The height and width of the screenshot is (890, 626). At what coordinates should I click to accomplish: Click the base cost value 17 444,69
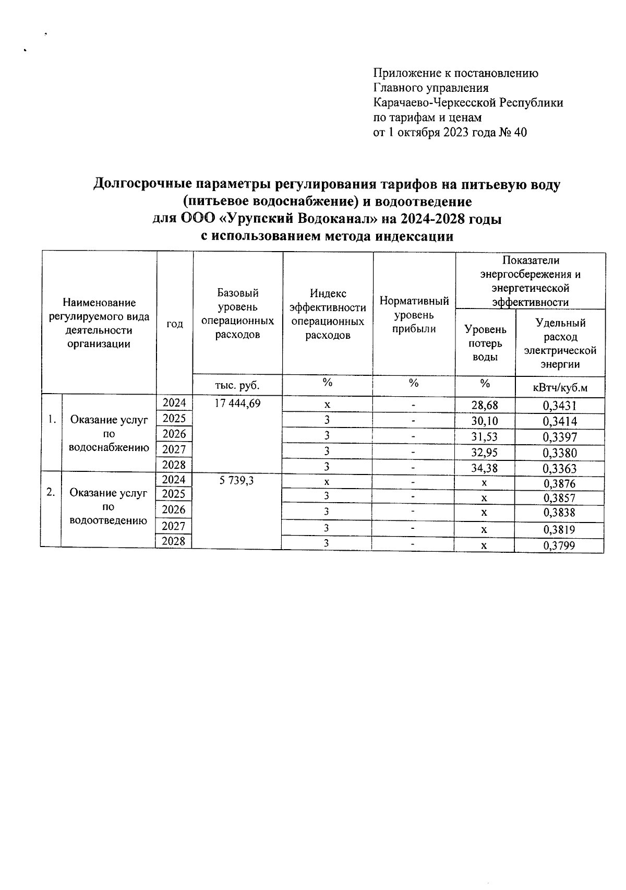click(x=237, y=403)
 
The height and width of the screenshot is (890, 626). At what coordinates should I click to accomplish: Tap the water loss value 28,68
click(x=485, y=406)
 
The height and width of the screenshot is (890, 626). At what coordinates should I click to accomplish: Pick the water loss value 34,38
click(x=485, y=468)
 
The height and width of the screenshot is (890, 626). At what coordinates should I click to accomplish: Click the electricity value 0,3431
click(x=560, y=406)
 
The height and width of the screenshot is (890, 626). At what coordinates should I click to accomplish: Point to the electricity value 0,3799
click(x=560, y=546)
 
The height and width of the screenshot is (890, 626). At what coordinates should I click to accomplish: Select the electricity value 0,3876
click(x=560, y=483)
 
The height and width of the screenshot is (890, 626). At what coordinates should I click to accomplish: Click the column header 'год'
click(x=175, y=324)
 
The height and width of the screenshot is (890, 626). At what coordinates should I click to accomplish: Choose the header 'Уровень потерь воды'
click(x=485, y=343)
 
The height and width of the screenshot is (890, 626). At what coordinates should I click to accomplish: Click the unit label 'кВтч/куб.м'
click(x=560, y=387)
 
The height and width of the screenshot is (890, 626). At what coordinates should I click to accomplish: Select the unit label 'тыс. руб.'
click(x=237, y=385)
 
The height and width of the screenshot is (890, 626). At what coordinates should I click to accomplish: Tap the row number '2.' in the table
click(x=51, y=492)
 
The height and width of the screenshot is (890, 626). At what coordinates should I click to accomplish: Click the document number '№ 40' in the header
click(x=513, y=133)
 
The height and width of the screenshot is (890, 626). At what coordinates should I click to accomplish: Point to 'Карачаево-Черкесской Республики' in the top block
click(x=468, y=103)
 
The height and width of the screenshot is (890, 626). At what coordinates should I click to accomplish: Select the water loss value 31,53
click(x=485, y=437)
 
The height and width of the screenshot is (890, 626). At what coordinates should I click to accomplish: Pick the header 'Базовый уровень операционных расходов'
click(x=237, y=314)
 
